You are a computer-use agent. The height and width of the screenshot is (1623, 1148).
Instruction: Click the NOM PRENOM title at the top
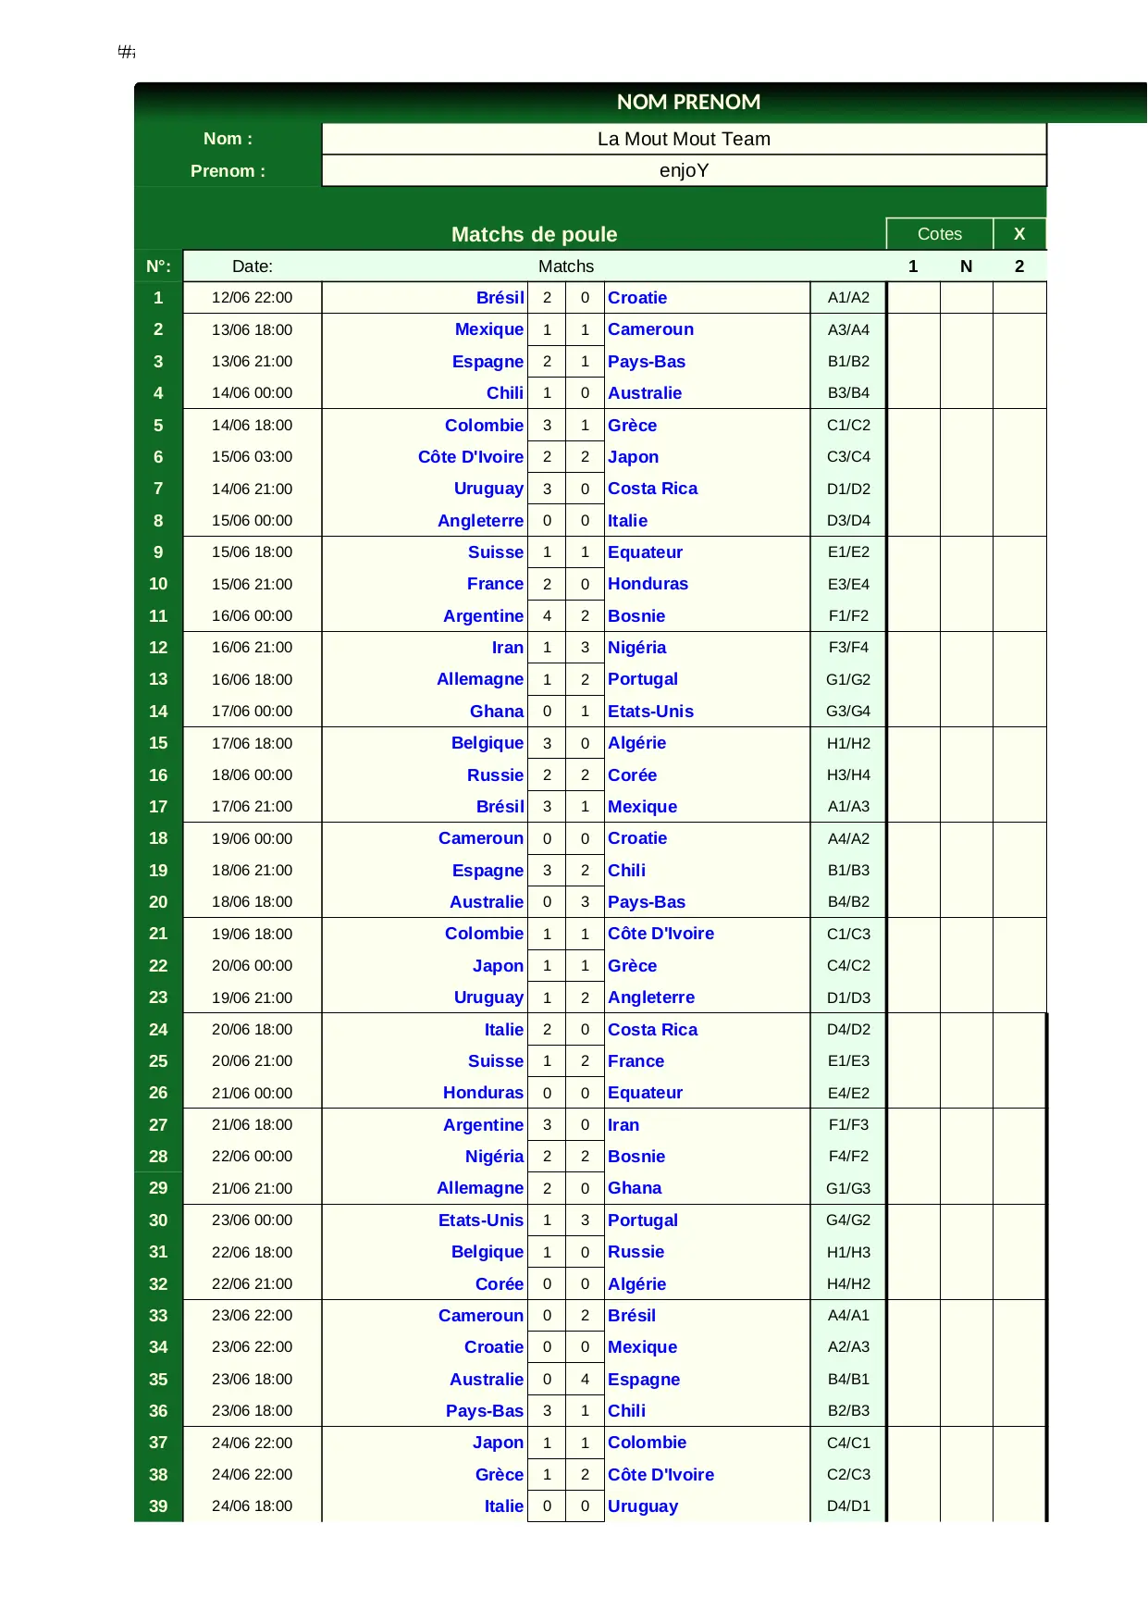point(688,102)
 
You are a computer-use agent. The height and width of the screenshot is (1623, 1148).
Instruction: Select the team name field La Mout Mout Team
point(684,139)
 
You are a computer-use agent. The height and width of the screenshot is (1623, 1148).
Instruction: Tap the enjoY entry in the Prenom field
point(684,171)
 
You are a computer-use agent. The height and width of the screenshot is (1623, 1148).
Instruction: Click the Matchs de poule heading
point(534,234)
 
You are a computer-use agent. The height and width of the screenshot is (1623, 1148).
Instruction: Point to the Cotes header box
point(939,234)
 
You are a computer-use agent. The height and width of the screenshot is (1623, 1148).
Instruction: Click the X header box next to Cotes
point(1019,234)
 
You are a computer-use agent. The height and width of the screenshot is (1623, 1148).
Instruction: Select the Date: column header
point(252,266)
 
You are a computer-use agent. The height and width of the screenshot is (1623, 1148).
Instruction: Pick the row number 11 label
point(158,616)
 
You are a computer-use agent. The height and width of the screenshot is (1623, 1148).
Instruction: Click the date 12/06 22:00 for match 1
point(252,298)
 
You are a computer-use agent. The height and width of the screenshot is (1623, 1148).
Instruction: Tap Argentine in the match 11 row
point(483,616)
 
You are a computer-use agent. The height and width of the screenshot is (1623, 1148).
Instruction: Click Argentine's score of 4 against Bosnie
point(547,616)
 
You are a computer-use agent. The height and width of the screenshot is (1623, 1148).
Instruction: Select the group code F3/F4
point(848,648)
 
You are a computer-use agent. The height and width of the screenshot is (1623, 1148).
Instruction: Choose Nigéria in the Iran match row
point(636,648)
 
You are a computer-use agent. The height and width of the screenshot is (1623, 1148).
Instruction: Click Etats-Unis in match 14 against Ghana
point(650,712)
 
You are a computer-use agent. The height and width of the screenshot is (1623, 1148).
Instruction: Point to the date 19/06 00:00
point(252,838)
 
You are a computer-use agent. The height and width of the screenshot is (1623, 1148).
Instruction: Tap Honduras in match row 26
point(483,1093)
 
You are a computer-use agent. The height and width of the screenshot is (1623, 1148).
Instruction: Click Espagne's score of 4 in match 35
point(585,1380)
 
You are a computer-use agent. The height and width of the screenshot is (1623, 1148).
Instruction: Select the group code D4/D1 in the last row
point(848,1506)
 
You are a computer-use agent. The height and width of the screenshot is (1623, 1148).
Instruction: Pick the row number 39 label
point(158,1506)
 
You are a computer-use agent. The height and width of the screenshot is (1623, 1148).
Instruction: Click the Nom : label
point(228,139)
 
